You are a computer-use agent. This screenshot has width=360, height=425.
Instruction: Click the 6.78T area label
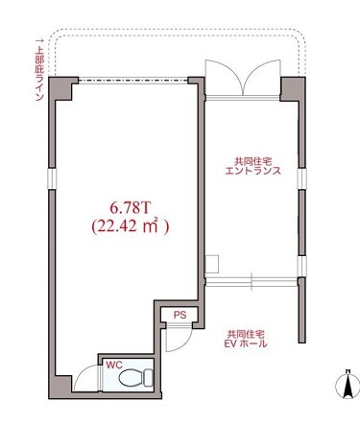tap(130, 208)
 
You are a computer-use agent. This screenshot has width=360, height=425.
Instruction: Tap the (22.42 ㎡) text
tap(130, 226)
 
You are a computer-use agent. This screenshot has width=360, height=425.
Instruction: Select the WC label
tap(114, 365)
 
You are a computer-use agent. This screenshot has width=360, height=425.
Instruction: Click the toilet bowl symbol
tap(135, 377)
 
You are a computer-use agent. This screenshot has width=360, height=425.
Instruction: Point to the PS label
tap(180, 315)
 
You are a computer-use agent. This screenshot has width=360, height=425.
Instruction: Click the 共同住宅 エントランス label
tap(252, 166)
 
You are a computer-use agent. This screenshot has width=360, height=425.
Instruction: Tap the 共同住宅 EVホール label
tap(247, 340)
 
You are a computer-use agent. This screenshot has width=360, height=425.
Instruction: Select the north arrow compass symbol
tap(347, 384)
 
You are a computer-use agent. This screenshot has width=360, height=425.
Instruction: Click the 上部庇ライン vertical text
tap(39, 70)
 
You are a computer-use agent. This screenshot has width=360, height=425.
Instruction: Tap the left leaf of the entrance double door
tap(224, 78)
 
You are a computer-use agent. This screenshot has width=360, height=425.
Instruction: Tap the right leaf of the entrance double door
tap(262, 78)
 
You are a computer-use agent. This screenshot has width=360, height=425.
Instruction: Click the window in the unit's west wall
tap(52, 178)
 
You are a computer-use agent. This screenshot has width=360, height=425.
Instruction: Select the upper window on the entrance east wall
tap(301, 178)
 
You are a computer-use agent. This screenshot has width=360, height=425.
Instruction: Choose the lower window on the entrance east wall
tap(301, 266)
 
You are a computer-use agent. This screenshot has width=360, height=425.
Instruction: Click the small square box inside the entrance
tap(212, 264)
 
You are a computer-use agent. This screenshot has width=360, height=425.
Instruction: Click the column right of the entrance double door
tap(292, 88)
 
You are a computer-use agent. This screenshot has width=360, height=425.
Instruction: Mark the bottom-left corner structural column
tap(60, 387)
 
